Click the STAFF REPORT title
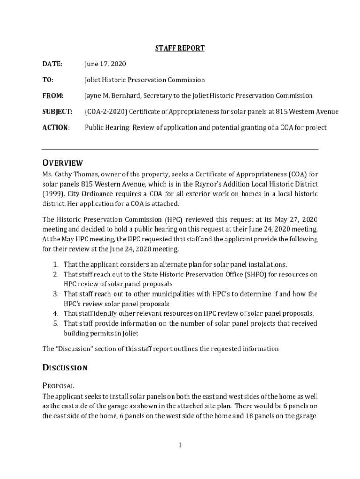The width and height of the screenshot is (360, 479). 180,48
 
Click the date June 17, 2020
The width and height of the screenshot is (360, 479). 105,64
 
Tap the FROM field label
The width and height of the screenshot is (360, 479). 53,96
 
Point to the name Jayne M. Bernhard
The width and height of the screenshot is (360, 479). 115,96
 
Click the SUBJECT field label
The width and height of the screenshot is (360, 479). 57,112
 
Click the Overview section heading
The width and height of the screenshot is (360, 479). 63,163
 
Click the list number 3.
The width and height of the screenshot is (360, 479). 55,294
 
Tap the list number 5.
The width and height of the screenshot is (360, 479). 55,324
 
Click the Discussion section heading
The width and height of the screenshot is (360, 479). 65,368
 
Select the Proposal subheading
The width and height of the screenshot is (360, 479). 58,386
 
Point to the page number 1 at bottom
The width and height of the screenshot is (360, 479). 180,445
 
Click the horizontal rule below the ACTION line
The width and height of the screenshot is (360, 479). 180,149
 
